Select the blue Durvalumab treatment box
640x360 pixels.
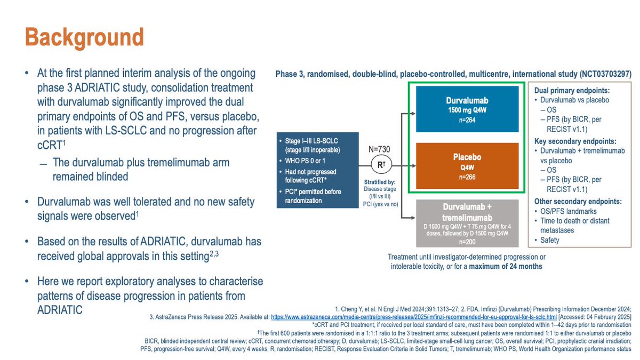click(x=468, y=109)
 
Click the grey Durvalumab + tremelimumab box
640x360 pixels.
click(x=468, y=223)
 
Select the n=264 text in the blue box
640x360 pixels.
click(x=468, y=119)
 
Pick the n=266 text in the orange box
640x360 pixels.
click(x=468, y=177)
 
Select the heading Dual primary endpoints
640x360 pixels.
click(x=571, y=91)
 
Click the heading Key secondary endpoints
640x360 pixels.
click(x=575, y=141)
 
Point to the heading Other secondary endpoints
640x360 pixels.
click(x=578, y=202)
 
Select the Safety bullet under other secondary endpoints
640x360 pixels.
click(x=549, y=240)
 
